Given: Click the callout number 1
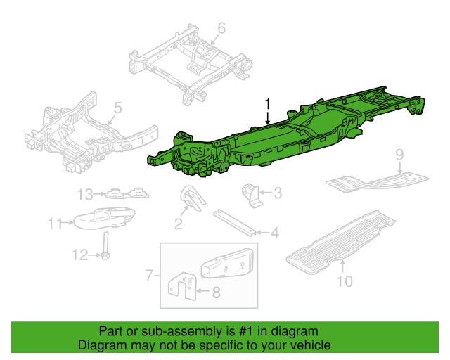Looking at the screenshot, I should tap(268, 104).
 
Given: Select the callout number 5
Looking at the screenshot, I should tap(117, 108).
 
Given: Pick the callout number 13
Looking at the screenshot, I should tap(85, 194).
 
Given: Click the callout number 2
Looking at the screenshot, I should tap(179, 224).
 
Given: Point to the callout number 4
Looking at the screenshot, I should tap(275, 231).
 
